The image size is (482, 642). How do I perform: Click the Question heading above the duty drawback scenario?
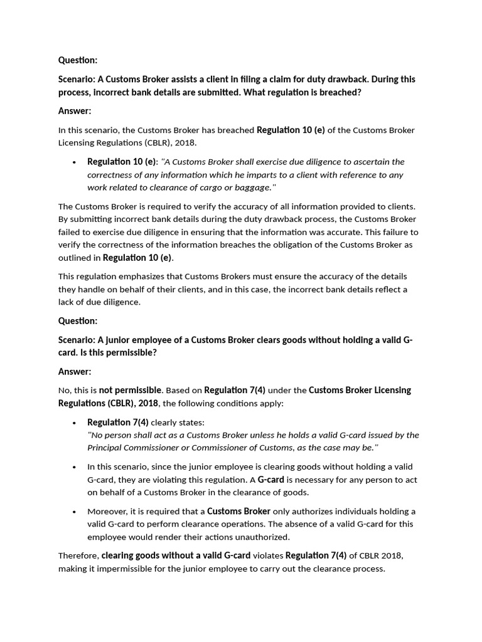[x=78, y=60]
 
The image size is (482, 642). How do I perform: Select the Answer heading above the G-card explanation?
[x=75, y=371]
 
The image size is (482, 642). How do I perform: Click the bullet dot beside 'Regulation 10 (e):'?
[x=75, y=162]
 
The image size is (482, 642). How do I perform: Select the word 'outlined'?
[x=79, y=258]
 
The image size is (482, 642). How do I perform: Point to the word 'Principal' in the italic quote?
[x=107, y=447]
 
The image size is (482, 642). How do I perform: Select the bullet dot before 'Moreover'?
[x=75, y=512]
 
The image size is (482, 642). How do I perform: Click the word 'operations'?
[x=265, y=524]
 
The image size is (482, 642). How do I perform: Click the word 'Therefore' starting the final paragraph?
[x=78, y=555]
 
